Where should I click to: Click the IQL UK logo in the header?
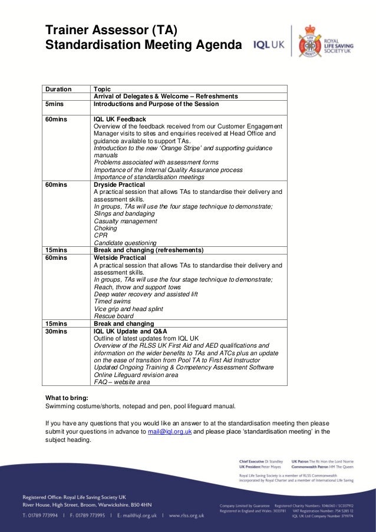(268, 45)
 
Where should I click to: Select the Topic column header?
(103, 89)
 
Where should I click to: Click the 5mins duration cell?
(55, 104)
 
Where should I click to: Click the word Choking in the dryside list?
(105, 229)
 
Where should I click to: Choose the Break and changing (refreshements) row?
(149, 250)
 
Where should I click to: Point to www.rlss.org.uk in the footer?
(186, 515)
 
